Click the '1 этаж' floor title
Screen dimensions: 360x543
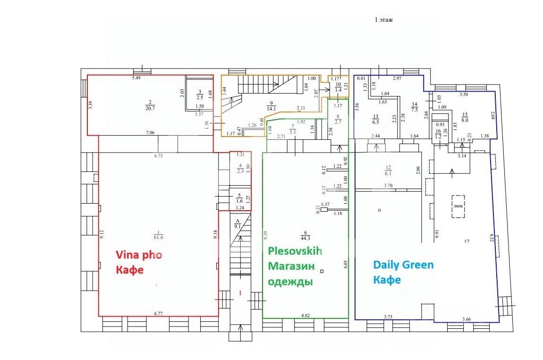coord(383,20)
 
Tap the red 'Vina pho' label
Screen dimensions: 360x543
coord(139,255)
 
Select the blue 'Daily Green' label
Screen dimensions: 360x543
coord(403,265)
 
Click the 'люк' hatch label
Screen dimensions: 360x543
coord(458,206)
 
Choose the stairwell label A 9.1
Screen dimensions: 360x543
coord(238,225)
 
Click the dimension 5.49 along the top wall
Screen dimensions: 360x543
coord(136,77)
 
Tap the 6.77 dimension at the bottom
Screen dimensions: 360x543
coord(158,313)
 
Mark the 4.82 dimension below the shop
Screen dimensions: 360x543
coord(306,315)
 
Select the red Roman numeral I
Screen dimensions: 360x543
coord(240,293)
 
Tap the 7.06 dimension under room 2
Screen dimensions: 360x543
coord(151,132)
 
